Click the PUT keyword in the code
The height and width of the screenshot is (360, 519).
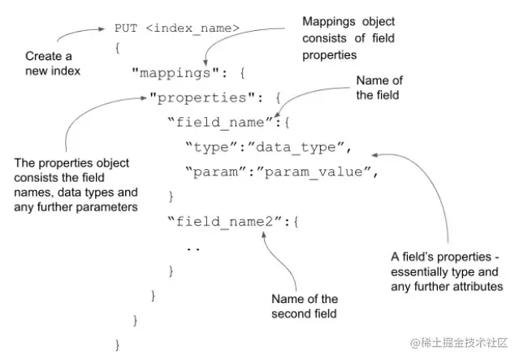pyautogui.click(x=127, y=28)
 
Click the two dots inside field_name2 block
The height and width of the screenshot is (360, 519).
pyautogui.click(x=193, y=246)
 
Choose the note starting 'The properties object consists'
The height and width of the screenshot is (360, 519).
pyautogui.click(x=76, y=184)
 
